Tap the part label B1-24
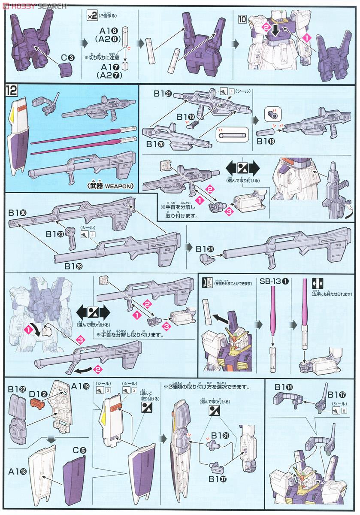pyautogui.click(x=205, y=248)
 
